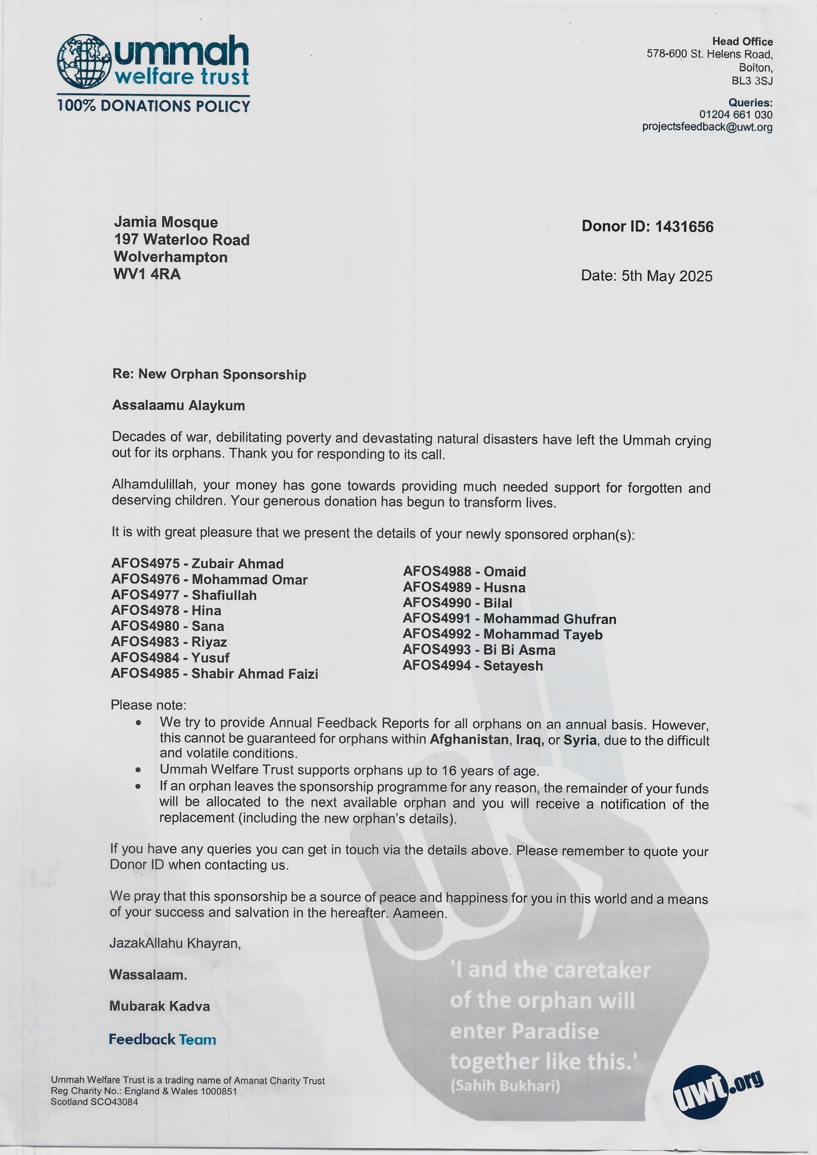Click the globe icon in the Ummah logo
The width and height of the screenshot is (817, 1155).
(84, 61)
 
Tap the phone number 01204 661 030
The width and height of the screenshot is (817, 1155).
(735, 115)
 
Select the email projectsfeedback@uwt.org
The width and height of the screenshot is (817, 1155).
(707, 127)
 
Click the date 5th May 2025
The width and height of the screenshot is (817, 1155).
(667, 276)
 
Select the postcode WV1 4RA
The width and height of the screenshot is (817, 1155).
(147, 275)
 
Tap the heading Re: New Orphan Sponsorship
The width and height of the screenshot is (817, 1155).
(209, 374)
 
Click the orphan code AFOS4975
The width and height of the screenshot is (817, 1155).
(145, 564)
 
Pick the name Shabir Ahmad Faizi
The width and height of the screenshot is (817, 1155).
(254, 674)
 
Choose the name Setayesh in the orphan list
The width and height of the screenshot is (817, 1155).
(512, 665)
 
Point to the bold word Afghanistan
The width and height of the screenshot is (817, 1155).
(469, 740)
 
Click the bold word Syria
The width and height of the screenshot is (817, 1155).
(580, 740)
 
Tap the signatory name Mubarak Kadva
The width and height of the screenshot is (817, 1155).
(160, 1006)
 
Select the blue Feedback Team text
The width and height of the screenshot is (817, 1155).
(162, 1039)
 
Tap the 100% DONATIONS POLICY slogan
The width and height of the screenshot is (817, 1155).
(153, 106)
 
